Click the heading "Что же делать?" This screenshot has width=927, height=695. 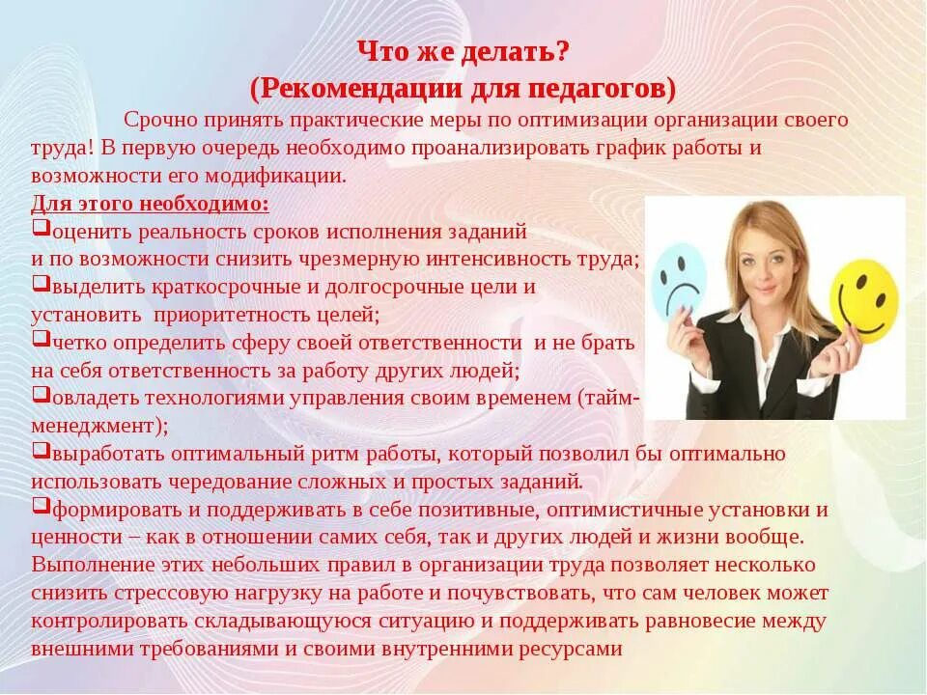[463, 50]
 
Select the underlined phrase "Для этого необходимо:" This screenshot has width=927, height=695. [150, 205]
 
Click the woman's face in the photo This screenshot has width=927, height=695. [764, 255]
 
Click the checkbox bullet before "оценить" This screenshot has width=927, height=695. [40, 229]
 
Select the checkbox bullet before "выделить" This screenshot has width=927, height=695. [40, 284]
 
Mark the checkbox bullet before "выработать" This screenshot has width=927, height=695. [40, 450]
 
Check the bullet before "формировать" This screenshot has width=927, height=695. [40, 505]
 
